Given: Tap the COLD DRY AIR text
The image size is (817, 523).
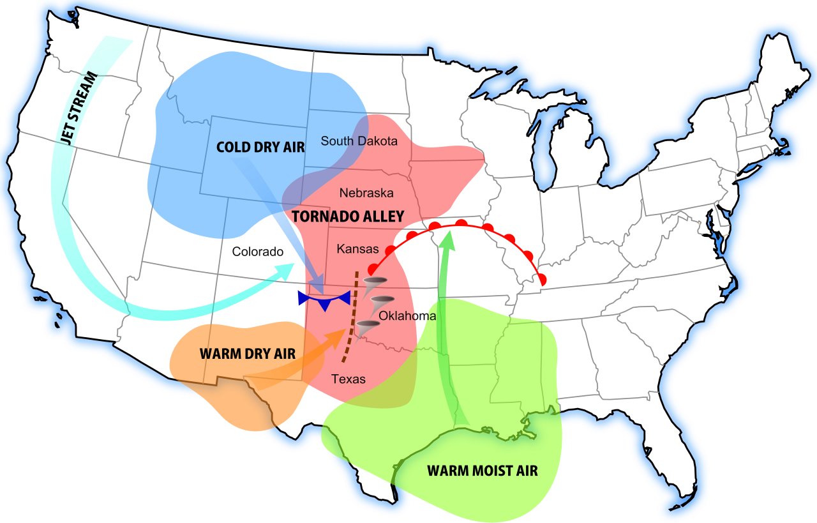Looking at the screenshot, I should click(260, 148).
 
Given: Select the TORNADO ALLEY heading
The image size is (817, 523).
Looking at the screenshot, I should click(348, 217).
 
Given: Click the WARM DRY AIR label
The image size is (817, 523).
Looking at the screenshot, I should click(248, 354).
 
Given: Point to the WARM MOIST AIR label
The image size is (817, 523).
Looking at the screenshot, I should click(482, 471).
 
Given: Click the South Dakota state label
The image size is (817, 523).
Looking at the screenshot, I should click(359, 141).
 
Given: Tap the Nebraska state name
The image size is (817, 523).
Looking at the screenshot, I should click(366, 193).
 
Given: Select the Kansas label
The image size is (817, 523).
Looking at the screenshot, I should click(357, 249).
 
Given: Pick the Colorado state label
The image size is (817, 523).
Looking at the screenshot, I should click(257, 252).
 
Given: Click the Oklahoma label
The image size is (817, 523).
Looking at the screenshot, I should click(407, 316).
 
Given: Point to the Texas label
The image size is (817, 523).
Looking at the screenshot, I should click(349, 379).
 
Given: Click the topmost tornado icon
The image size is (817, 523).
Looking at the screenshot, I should click(373, 282).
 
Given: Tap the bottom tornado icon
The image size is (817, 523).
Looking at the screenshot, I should click(367, 328).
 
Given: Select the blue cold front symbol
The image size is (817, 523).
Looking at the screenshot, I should click(324, 299).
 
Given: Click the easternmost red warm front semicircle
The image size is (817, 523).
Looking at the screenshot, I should click(542, 279).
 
